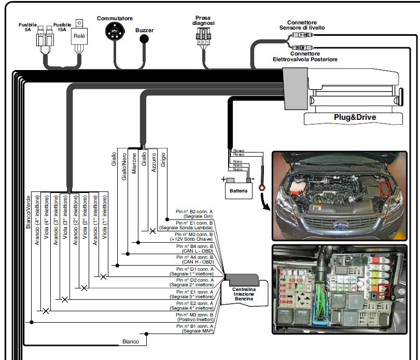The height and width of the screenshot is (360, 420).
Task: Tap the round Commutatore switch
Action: click(115, 33)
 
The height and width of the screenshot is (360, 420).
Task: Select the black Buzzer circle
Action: click(145, 39)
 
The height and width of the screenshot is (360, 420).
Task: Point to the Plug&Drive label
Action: click(355, 117)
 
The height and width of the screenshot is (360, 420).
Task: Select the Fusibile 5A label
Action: click(28, 26)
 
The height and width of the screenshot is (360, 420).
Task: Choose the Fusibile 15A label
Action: click(62, 26)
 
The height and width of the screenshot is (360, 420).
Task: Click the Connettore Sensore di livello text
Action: click(306, 25)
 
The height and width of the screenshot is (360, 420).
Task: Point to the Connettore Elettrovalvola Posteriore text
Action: click(305, 57)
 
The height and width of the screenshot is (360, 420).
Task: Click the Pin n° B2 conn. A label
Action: click(194, 214)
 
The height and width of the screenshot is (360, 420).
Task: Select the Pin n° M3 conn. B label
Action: click(194, 317)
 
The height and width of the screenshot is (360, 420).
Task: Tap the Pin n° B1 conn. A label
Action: click(194, 328)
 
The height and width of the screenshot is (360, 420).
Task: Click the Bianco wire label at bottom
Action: click(130, 341)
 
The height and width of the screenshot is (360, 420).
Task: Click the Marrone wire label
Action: click(134, 162)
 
